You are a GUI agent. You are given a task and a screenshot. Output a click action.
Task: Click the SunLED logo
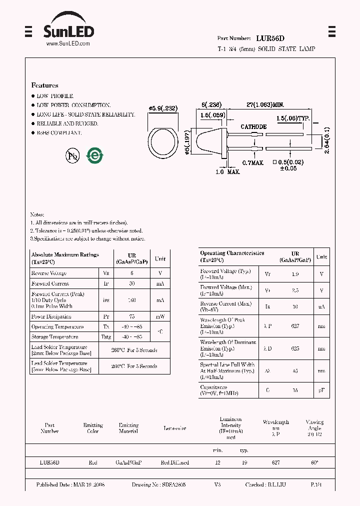[x=67, y=28]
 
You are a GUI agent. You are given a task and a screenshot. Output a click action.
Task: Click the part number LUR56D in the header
[x=270, y=38]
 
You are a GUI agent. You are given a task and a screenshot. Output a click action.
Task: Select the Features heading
[x=44, y=85]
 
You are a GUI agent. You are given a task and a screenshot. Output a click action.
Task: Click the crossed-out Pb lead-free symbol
[x=73, y=156]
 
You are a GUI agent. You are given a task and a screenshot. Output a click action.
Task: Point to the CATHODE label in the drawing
[x=253, y=127]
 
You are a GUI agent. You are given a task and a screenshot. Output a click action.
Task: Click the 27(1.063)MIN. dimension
[x=265, y=104]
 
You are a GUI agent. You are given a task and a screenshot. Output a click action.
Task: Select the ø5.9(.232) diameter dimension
[x=163, y=108]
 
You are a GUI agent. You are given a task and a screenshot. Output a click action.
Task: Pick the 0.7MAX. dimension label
[x=253, y=163]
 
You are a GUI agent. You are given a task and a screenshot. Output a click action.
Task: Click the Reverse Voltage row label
[x=49, y=273]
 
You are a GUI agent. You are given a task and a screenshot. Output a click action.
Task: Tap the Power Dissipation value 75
[x=132, y=316]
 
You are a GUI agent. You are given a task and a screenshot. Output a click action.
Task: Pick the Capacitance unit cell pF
[x=321, y=390]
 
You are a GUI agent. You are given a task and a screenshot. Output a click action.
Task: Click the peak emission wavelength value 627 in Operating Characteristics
[x=295, y=326]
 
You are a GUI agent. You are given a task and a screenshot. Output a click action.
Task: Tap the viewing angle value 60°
[x=314, y=463]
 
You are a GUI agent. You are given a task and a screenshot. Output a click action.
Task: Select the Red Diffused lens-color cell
[x=174, y=463]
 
